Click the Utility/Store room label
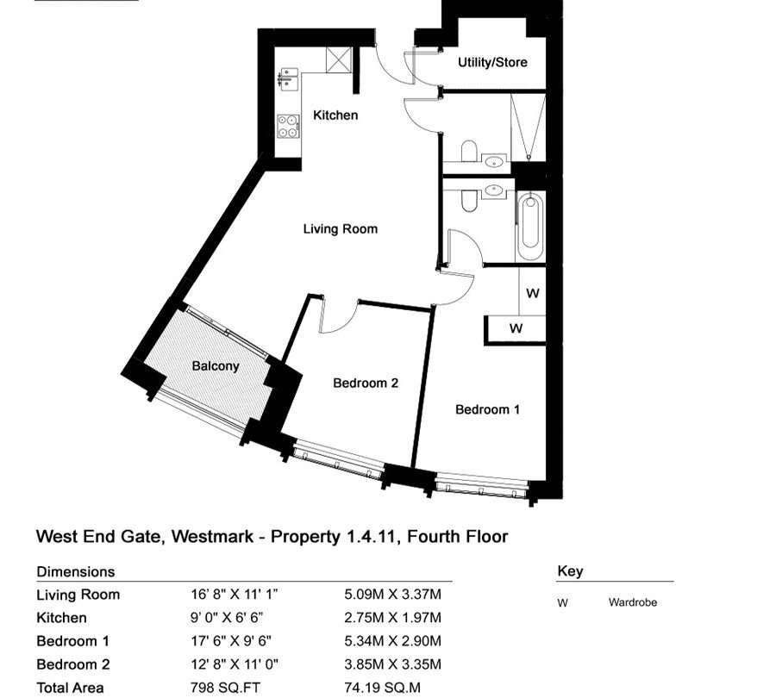(x=492, y=62)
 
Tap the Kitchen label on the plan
(x=335, y=115)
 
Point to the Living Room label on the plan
(x=341, y=229)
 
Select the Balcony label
(x=216, y=366)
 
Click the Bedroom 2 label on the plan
(x=366, y=383)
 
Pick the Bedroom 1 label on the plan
(x=487, y=409)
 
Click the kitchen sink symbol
(x=287, y=79)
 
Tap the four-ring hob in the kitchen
(x=288, y=126)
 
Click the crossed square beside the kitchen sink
(x=339, y=59)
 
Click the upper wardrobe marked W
(x=532, y=291)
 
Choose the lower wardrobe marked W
(x=516, y=328)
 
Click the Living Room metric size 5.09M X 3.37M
(x=392, y=594)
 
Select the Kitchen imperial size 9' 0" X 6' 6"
(x=227, y=618)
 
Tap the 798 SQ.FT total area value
(x=225, y=689)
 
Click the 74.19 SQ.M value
(x=382, y=689)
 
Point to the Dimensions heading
(x=76, y=572)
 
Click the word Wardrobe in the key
(x=633, y=602)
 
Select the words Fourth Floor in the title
(x=457, y=537)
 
